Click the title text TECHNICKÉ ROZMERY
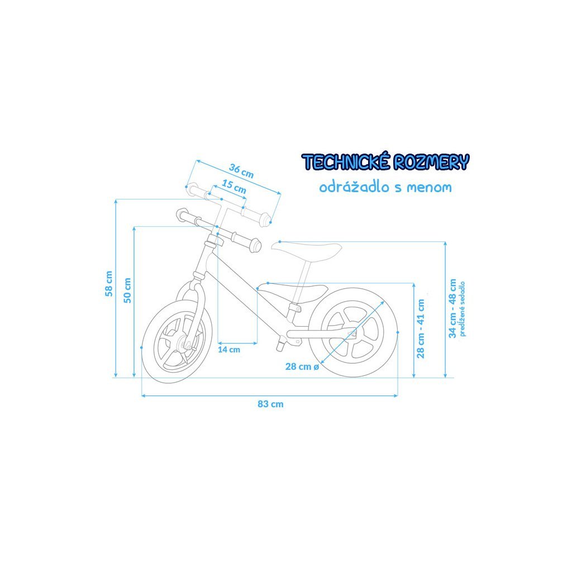tap(385, 163)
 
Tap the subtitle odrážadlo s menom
tap(385, 187)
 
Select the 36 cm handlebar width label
tap(241, 170)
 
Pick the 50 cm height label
tap(127, 290)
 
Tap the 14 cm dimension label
tap(228, 350)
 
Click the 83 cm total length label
tap(270, 404)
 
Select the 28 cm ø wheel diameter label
tap(302, 366)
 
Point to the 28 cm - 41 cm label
tap(421, 328)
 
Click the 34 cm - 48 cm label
tap(452, 308)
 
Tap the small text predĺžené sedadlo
tap(462, 309)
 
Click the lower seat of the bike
tap(293, 292)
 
